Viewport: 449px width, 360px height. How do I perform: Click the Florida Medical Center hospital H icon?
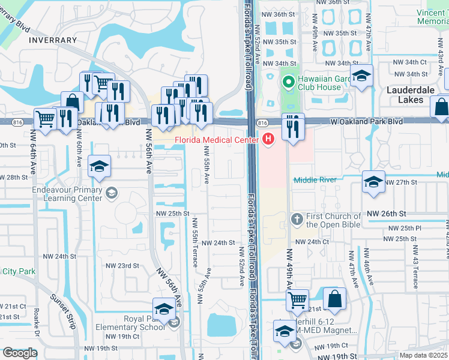[x=268, y=140]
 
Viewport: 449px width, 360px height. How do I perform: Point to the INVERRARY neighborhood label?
[x=52, y=40]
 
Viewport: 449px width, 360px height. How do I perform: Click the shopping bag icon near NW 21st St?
[x=335, y=298]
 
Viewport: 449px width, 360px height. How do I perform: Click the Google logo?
[x=19, y=353]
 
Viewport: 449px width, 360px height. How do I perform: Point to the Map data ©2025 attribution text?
[x=423, y=355]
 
